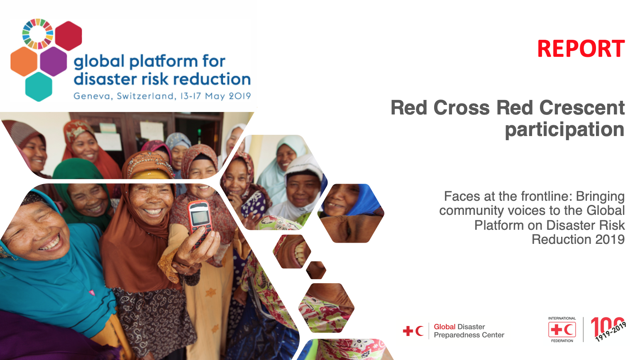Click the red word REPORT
click(581, 49)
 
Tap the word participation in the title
click(564, 130)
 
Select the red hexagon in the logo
click(68, 36)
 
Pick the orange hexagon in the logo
click(24, 61)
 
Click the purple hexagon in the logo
click(54, 61)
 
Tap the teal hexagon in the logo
click(39, 87)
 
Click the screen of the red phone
click(200, 217)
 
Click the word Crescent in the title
click(582, 108)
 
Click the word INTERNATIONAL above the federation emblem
click(562, 319)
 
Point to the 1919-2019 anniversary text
click(611, 332)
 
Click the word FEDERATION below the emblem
click(562, 341)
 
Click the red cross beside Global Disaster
click(408, 331)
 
